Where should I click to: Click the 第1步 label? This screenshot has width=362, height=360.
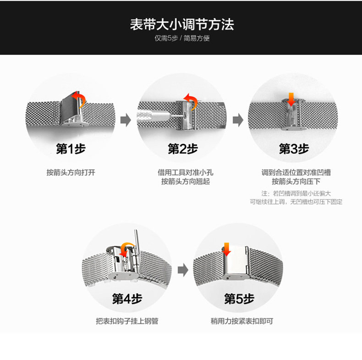pos(71,148)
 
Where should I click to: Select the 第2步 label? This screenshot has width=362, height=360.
pos(182,148)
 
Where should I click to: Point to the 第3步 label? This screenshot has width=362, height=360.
pos(294,148)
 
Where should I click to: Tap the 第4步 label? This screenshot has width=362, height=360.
pos(127,299)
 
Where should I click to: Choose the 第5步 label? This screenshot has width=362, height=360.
pos(239,299)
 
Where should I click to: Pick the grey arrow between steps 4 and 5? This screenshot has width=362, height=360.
pos(183,270)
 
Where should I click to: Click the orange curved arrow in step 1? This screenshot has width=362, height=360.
pos(80,98)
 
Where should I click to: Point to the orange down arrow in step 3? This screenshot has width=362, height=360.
pos(291,98)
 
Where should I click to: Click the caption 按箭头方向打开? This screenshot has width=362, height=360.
pos(71,173)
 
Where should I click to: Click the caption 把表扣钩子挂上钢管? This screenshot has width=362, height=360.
pos(127,321)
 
